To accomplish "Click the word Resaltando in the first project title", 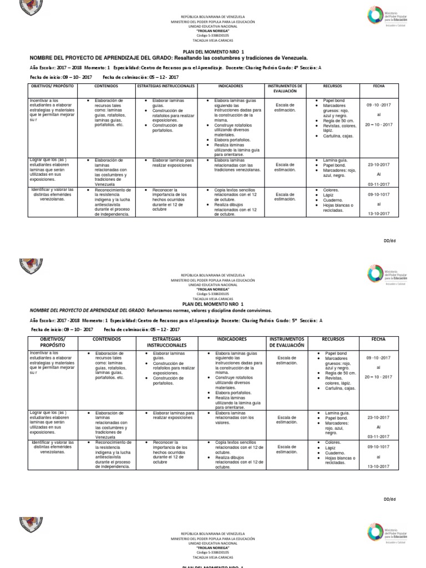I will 188,58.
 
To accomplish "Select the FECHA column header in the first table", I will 379,87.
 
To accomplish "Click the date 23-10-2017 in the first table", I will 379,165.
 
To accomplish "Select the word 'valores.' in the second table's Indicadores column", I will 224,423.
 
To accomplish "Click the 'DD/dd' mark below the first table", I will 390,241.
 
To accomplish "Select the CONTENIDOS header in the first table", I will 110,87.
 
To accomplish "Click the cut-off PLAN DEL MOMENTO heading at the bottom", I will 212,565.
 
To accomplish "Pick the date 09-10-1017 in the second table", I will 379,446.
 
